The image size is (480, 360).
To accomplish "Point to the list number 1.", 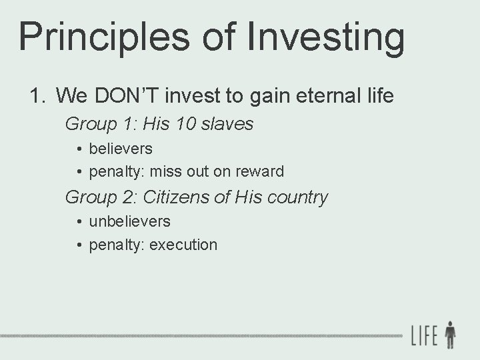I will [37, 96].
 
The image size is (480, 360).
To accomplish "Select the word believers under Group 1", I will [120, 148].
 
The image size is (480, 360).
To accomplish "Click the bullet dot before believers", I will [79, 149].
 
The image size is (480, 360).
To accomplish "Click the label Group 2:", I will [101, 197].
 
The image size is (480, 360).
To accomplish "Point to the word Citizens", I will [177, 197].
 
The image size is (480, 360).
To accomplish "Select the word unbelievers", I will [129, 221].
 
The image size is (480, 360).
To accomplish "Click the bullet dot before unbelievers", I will [79, 221].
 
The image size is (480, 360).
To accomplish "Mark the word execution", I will [183, 245].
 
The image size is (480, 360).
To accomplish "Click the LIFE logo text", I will [424, 335].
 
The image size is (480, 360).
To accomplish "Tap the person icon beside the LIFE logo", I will [450, 335].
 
